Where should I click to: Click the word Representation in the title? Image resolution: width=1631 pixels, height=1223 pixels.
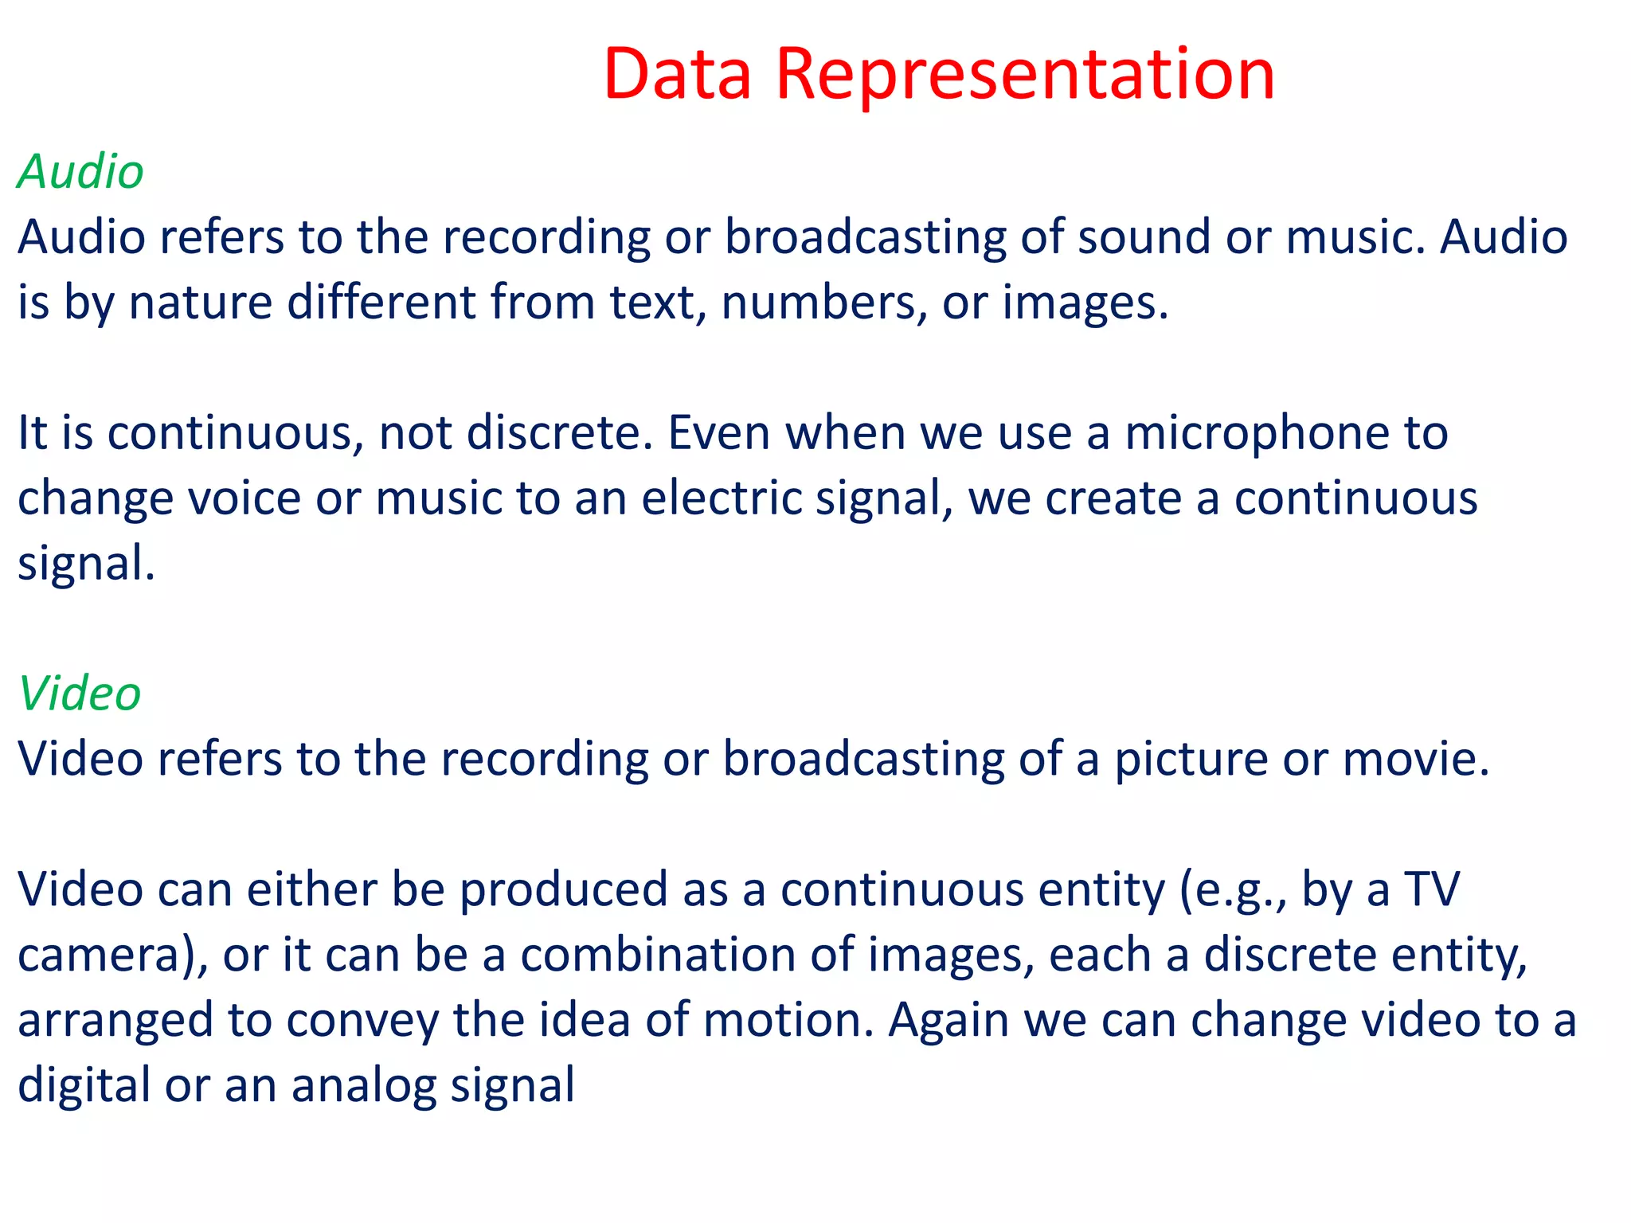tap(1025, 76)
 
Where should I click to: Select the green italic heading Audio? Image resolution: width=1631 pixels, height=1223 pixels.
tap(80, 171)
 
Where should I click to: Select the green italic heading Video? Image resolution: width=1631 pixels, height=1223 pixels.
tap(80, 693)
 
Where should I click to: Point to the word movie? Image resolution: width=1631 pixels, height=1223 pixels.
tap(1415, 759)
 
